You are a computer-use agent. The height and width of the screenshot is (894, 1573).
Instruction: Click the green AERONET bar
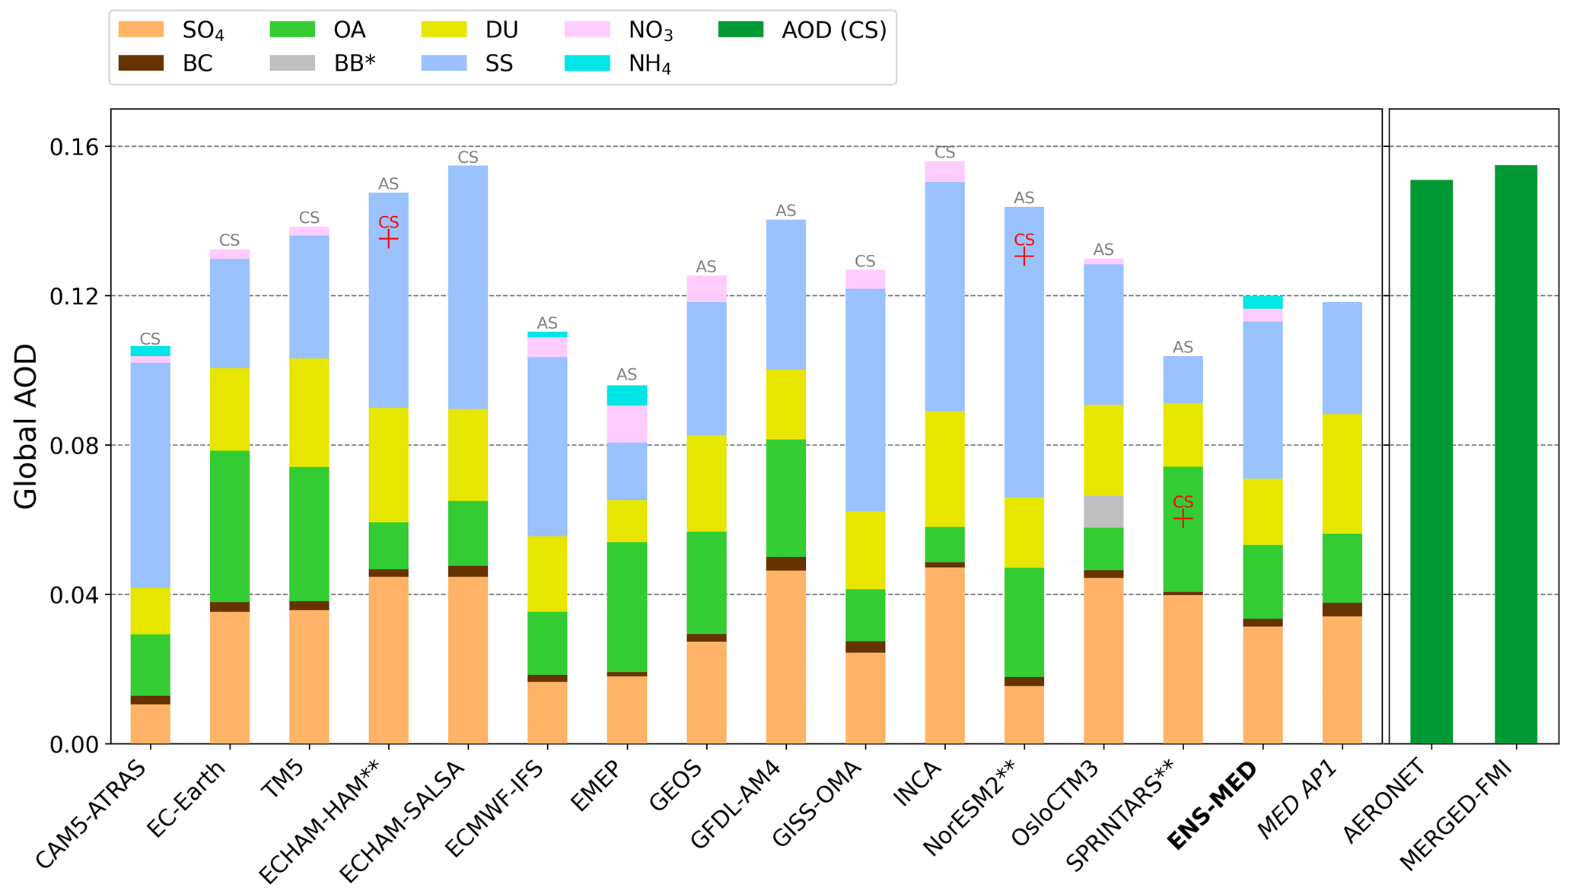pos(1431,461)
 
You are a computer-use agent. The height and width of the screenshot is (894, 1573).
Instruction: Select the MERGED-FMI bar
pos(1515,453)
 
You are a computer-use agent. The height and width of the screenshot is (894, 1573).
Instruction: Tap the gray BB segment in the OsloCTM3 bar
pos(1103,511)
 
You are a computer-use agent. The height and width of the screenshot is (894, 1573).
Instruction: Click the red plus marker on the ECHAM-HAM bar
pos(388,240)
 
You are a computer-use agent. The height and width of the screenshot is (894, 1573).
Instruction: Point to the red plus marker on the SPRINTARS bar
pos(1183,519)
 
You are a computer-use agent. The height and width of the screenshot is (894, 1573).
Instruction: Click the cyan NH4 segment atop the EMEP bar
pos(626,395)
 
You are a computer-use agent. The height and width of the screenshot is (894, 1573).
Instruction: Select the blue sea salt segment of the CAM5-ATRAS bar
pos(150,475)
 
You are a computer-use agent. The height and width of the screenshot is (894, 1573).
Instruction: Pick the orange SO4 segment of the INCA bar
pos(944,655)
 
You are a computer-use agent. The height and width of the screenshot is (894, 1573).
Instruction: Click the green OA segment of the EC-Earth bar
pos(229,526)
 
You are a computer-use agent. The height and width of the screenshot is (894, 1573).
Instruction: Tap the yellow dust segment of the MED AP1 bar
pos(1342,473)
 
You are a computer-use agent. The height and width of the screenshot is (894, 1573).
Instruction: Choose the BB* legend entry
pos(323,64)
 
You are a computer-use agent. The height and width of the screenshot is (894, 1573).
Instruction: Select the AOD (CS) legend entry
pos(803,30)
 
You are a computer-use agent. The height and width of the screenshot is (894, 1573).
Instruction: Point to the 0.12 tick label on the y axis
pos(74,296)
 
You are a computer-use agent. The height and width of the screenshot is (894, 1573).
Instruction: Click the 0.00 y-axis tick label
pos(74,744)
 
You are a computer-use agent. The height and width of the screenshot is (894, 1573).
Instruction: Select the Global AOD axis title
pos(26,426)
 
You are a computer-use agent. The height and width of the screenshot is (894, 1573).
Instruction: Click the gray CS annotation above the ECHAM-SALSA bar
pos(468,157)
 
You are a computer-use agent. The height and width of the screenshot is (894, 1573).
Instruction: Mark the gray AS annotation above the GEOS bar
pos(706,267)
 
